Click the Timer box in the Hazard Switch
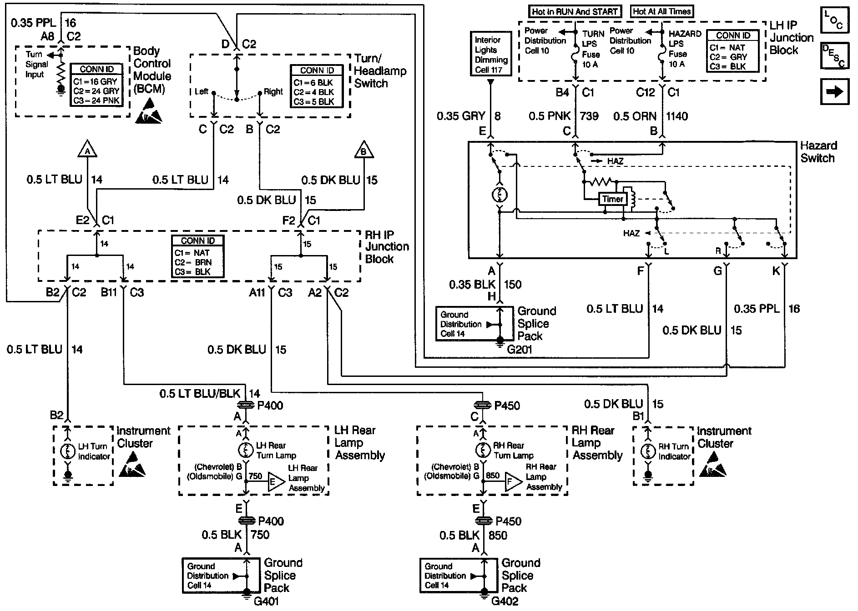tap(612, 199)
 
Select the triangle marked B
tap(363, 150)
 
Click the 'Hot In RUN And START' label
tap(575, 12)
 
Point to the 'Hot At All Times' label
tap(662, 12)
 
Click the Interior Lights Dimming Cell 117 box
tap(491, 55)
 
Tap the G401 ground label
tap(267, 601)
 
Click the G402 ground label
tap(505, 601)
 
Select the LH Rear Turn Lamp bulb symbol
tap(246, 450)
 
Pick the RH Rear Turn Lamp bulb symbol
tap(484, 450)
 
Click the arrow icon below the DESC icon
tap(834, 92)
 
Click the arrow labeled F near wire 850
tap(513, 481)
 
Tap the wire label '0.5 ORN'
tap(635, 116)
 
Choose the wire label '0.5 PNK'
tap(550, 116)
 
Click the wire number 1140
tap(677, 116)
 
